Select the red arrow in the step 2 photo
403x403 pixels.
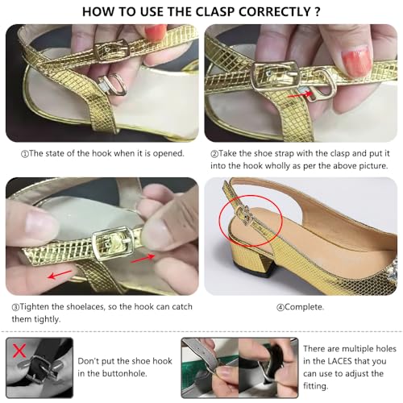coord(301,93)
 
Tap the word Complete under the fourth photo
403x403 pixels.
coord(287,307)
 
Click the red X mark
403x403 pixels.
coord(18,349)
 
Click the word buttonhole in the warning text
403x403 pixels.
coord(127,376)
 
